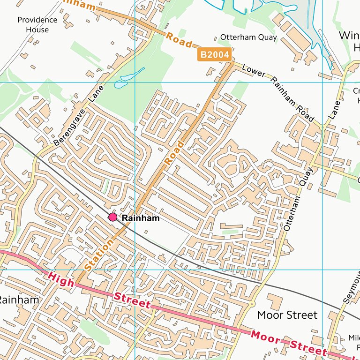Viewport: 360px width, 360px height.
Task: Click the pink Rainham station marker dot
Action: [112, 217]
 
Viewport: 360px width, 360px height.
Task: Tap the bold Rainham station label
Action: [141, 218]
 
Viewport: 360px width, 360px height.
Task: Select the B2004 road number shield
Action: [215, 55]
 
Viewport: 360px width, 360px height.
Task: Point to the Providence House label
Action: [37, 25]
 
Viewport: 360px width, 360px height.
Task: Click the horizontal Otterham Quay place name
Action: [248, 37]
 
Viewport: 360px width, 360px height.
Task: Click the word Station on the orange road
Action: [99, 255]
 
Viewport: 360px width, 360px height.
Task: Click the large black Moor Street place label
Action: [287, 315]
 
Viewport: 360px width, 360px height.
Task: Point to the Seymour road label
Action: [352, 288]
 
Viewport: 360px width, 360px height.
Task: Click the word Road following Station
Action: [174, 152]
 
